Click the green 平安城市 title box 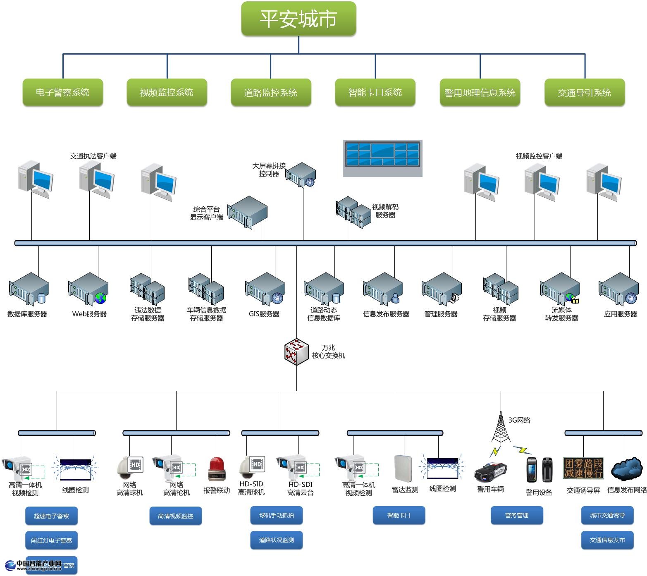[298, 19]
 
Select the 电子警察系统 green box [62, 92]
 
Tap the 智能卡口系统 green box [375, 92]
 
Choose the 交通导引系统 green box [584, 92]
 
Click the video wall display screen [382, 158]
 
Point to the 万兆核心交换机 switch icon [296, 351]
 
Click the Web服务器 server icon [88, 288]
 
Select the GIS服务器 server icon [265, 288]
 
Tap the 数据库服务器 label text [27, 314]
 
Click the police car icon [491, 472]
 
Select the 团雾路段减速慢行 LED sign [583, 468]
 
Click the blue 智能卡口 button [399, 515]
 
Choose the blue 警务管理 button [517, 515]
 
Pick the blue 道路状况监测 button [277, 540]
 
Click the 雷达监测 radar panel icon [403, 469]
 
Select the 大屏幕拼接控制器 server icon [301, 174]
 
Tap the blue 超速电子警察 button [52, 516]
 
